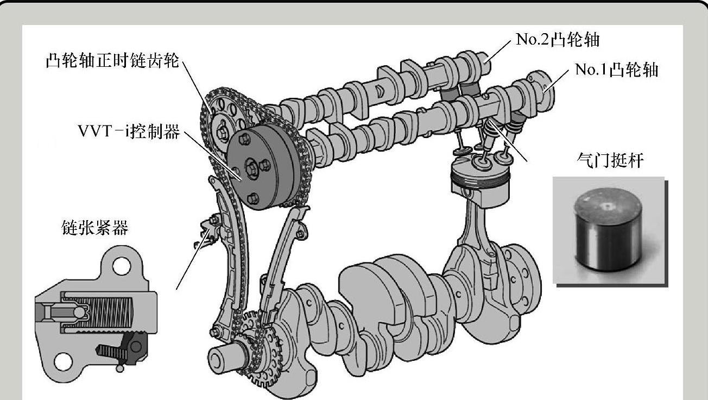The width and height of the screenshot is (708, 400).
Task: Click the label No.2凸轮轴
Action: [x=557, y=40]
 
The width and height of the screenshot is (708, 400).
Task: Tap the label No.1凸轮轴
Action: [x=616, y=70]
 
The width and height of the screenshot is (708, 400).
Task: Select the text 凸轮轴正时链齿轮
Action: [x=112, y=60]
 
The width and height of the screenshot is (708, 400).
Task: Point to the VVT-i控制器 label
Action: [x=129, y=132]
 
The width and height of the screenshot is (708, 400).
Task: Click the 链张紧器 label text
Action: [x=95, y=228]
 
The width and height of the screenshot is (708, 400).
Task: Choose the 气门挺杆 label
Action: [x=610, y=161]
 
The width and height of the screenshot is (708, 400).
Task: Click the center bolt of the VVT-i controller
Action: [x=251, y=168]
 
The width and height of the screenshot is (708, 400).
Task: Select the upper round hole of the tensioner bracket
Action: [x=122, y=266]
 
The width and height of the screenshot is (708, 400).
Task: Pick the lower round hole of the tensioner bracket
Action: [x=63, y=362]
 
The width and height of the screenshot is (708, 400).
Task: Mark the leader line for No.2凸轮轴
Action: [x=498, y=51]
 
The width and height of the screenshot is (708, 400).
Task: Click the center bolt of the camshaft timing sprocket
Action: [x=222, y=134]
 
